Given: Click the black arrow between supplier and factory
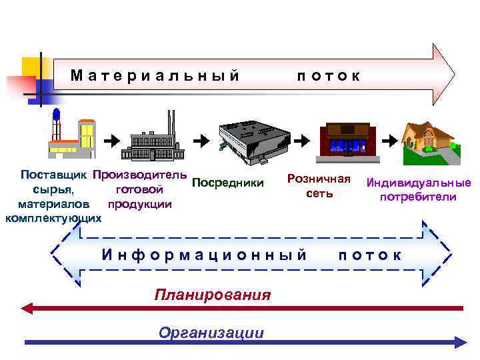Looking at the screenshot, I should (112, 141).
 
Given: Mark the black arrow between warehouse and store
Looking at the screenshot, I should (301, 141).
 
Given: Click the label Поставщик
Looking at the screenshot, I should (56, 176).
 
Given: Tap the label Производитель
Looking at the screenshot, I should (140, 176).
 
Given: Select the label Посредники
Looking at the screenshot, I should (227, 183).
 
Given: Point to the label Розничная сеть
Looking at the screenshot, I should (319, 185).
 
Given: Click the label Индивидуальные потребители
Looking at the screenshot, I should (418, 190).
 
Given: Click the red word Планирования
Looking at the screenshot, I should (213, 295).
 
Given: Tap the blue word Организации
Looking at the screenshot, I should (211, 333).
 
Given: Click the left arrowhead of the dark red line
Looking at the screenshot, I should (27, 308).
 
